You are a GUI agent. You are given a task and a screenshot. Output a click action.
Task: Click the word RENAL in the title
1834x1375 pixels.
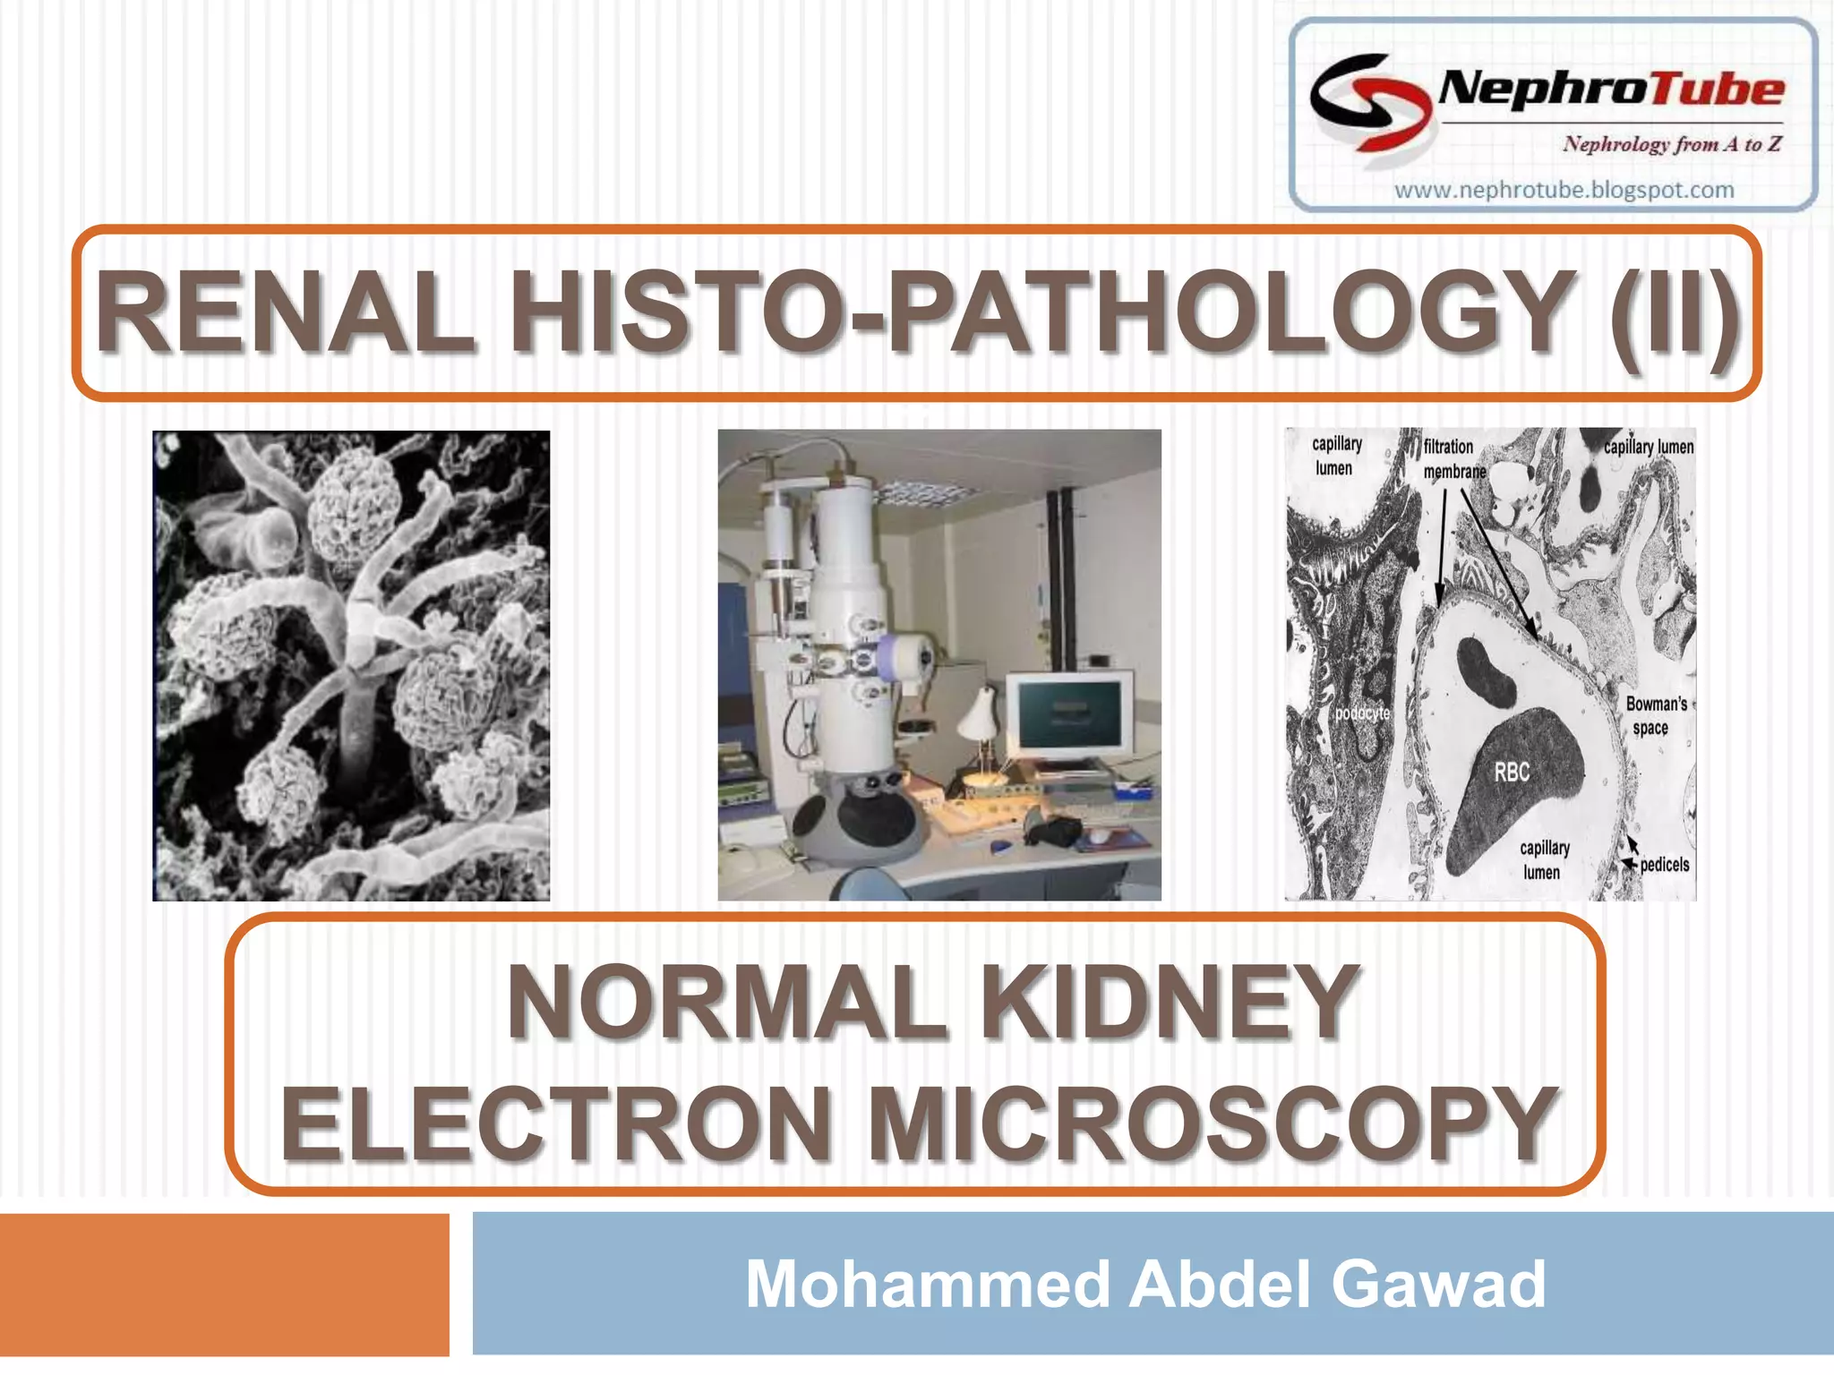click(285, 312)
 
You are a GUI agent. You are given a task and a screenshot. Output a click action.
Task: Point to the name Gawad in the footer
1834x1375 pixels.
click(1439, 1284)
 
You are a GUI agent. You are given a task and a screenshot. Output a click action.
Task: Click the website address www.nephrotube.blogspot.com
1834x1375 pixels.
click(1564, 190)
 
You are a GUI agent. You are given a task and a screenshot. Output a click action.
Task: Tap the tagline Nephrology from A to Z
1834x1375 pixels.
click(1671, 144)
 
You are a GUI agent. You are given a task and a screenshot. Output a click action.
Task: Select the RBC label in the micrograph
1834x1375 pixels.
click(1512, 772)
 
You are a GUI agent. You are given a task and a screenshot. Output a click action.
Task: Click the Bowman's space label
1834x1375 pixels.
click(1656, 715)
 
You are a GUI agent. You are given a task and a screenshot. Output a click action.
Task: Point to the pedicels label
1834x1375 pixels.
click(1664, 865)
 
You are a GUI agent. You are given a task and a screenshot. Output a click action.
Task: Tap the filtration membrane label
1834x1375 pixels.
click(1453, 458)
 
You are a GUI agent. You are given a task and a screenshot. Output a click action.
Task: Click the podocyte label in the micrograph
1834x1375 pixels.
click(1362, 713)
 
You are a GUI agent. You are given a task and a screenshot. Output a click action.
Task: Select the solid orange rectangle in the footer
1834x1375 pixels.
click(224, 1284)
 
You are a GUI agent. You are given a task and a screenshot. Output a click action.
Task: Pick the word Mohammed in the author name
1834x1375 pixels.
click(930, 1284)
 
